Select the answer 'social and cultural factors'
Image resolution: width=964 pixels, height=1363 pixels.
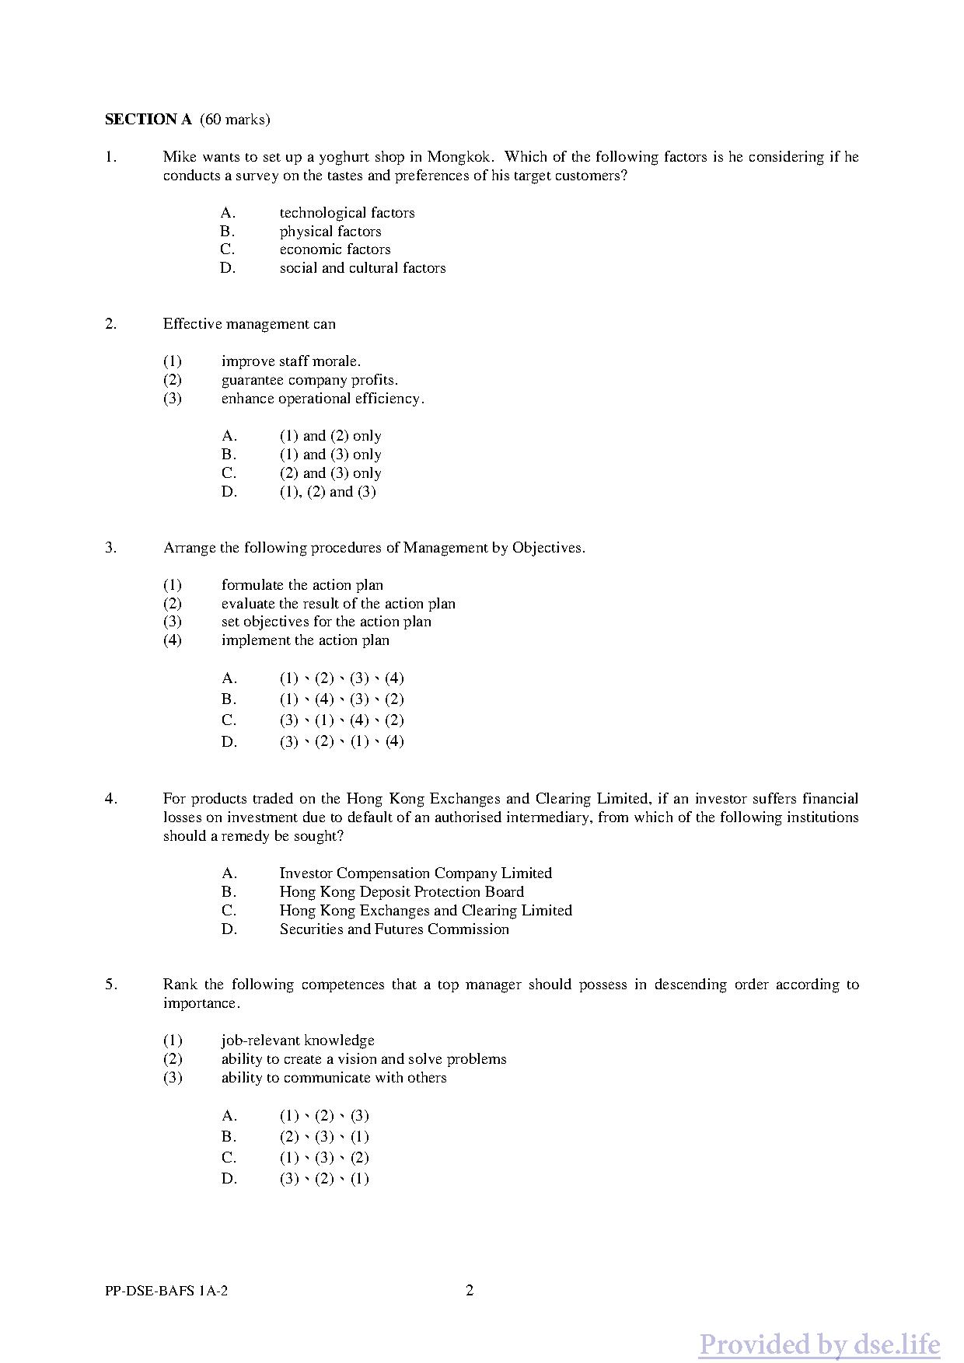(362, 268)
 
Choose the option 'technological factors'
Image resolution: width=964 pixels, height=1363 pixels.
(347, 213)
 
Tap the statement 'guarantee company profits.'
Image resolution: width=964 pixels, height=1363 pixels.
(309, 380)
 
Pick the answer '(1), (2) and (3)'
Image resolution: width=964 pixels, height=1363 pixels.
(327, 492)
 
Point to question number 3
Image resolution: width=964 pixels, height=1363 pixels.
(111, 548)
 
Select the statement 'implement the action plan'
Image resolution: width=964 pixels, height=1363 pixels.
(305, 640)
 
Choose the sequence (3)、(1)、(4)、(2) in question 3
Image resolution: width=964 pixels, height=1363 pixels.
(341, 720)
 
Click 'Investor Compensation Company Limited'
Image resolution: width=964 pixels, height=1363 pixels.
(415, 873)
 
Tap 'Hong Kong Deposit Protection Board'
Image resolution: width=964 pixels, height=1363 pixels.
(401, 892)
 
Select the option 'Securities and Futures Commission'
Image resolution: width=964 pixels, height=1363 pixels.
(394, 929)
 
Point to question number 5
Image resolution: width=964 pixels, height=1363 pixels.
(111, 985)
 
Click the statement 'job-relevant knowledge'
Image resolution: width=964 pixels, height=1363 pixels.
(298, 1041)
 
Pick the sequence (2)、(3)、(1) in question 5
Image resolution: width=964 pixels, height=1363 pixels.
(324, 1137)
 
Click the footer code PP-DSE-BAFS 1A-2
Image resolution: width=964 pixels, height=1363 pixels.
(166, 1292)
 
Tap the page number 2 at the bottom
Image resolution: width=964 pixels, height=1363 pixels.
(470, 1292)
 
